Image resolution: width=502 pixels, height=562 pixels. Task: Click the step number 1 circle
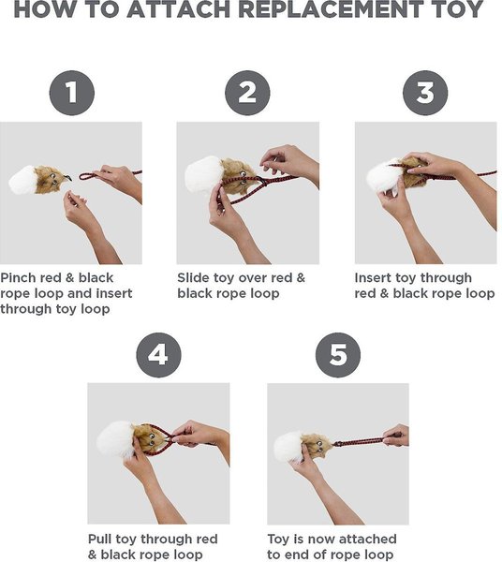pos(72,93)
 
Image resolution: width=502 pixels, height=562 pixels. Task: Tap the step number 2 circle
pos(247,93)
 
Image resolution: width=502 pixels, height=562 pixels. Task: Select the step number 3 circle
pos(425,93)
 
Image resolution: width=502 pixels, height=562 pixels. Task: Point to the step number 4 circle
pos(158,355)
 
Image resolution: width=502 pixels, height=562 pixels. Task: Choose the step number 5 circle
pos(338,355)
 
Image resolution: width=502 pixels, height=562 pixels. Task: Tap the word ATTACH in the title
pos(178,9)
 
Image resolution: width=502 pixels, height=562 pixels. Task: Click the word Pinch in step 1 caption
pos(19,278)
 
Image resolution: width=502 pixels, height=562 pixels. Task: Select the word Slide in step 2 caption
pos(194,278)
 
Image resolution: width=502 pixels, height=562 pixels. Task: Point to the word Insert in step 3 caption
pos(373,278)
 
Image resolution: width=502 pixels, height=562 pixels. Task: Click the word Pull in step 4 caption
pos(99,540)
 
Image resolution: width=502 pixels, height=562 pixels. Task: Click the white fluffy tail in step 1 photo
pos(22,180)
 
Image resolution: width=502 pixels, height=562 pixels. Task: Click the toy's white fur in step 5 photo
pos(288,447)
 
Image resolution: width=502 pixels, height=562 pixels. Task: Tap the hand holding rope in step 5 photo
pos(396,436)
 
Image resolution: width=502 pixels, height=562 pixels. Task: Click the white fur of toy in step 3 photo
pos(383,177)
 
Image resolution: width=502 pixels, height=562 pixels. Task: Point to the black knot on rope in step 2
pos(264,182)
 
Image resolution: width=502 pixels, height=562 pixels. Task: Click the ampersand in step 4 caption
pos(92,555)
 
